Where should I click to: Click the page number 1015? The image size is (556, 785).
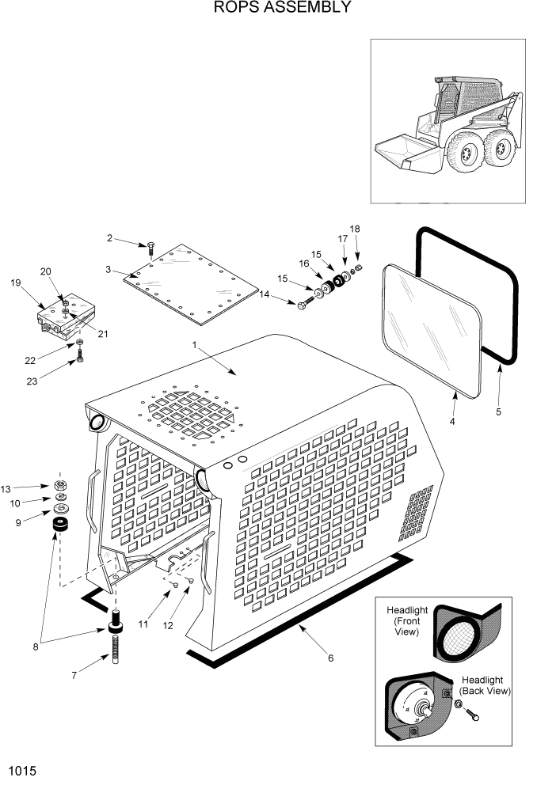pyautogui.click(x=21, y=769)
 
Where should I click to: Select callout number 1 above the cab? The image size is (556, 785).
pyautogui.click(x=194, y=346)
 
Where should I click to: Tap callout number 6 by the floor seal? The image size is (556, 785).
pyautogui.click(x=330, y=658)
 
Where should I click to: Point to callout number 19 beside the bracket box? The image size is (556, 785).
pyautogui.click(x=15, y=283)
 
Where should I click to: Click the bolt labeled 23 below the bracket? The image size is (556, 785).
pyautogui.click(x=80, y=363)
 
